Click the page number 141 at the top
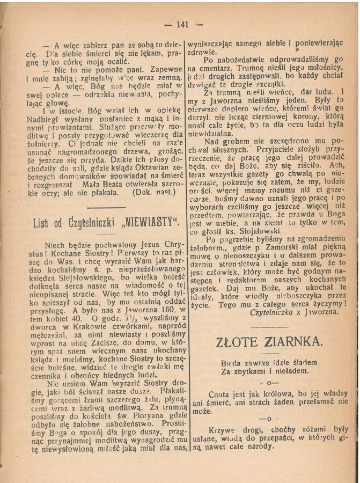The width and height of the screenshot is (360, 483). pyautogui.click(x=182, y=25)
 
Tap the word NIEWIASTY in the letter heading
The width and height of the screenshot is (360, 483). pyautogui.click(x=145, y=222)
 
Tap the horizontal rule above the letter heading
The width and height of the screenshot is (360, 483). pyautogui.click(x=106, y=208)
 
